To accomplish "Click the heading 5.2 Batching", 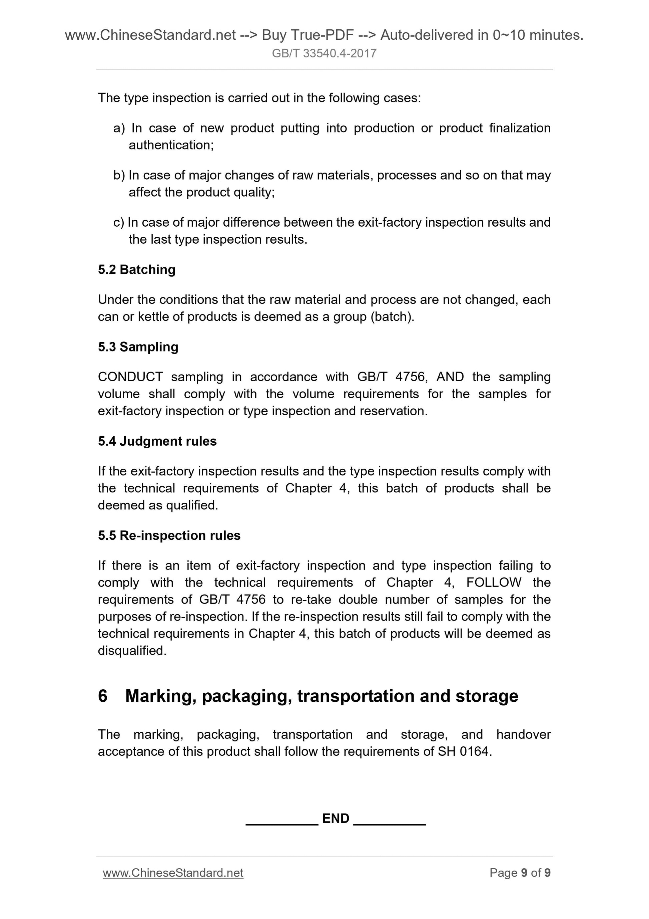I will tap(136, 269).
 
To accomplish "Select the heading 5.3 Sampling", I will tap(138, 347).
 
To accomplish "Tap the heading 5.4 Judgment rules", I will tap(157, 441).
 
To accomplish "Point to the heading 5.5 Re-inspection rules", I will tap(169, 535).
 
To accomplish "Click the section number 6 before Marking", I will tap(103, 696).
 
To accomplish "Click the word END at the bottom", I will tap(336, 819).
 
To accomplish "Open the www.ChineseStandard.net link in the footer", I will tap(173, 873).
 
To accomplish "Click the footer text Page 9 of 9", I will tap(520, 873).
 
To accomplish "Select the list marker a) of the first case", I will tap(119, 128).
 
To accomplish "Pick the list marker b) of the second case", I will tap(119, 175).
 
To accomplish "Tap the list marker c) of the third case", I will tap(119, 222).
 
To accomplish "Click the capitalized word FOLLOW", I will tap(494, 583).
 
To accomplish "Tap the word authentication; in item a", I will tap(171, 145).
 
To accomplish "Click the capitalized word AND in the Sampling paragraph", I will tap(450, 377).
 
